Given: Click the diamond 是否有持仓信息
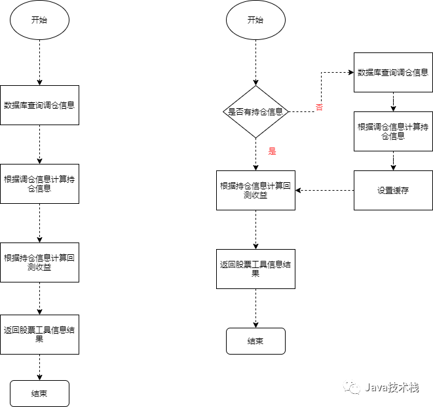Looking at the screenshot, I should tap(255, 111).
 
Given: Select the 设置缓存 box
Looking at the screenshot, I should tap(393, 190).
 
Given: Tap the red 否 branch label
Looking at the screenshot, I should tap(319, 107).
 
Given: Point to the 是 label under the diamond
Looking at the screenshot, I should tap(272, 151).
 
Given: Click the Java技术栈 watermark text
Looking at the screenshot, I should tap(391, 387).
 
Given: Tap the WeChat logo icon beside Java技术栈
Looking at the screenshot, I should tap(354, 387).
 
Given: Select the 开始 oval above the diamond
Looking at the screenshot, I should tap(255, 20).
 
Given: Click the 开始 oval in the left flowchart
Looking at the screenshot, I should tap(39, 20).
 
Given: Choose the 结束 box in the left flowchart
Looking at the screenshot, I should tap(39, 393).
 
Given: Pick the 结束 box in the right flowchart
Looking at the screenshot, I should tap(255, 341).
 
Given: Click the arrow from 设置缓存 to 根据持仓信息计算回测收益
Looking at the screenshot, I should tap(324, 190).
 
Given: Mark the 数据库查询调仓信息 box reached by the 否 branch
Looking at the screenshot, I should tap(393, 72).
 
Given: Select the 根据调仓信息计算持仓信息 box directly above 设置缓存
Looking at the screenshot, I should tap(393, 131).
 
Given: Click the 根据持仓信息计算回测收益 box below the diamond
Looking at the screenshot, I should tap(255, 190).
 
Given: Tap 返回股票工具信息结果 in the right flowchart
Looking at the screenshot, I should tap(255, 269).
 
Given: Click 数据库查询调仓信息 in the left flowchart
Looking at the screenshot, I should tap(39, 105).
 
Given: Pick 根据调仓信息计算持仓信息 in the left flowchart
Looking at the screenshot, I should tap(39, 184).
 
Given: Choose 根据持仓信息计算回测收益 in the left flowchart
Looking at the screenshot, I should tap(39, 262).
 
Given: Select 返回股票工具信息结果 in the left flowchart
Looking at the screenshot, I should tap(39, 334).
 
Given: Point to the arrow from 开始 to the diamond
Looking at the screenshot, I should tap(255, 62).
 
